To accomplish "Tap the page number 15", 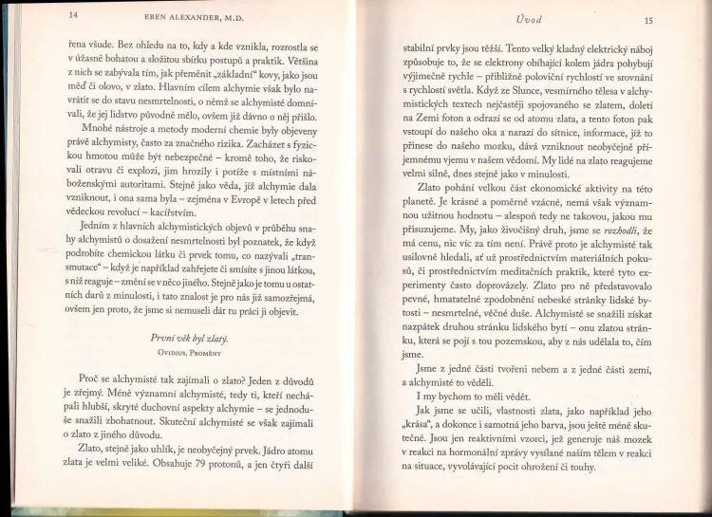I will pyautogui.click(x=648, y=19).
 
